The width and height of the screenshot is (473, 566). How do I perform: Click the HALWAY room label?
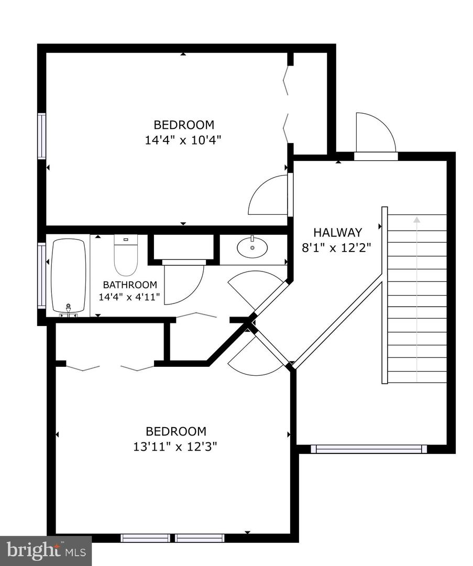(x=337, y=232)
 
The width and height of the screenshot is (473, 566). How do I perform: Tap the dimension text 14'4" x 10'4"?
(x=183, y=140)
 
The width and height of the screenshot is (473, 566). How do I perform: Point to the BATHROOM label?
(x=129, y=285)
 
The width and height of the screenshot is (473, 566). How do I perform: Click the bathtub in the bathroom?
(x=68, y=277)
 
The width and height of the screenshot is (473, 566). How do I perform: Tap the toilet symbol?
(x=126, y=255)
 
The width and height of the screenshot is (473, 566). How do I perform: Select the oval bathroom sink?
(x=252, y=248)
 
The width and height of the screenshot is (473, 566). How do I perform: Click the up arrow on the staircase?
(x=417, y=220)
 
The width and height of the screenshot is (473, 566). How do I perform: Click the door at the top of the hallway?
(x=374, y=134)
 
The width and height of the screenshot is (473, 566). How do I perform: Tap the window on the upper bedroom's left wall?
(x=41, y=136)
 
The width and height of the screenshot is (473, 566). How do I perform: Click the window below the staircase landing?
(x=369, y=449)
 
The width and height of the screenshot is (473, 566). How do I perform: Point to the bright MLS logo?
(x=46, y=550)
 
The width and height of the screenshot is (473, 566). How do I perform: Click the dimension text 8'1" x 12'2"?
(x=337, y=247)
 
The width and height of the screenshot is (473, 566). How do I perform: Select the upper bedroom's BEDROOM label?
(x=183, y=125)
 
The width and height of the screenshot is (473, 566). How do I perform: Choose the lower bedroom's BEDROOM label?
(x=175, y=431)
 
